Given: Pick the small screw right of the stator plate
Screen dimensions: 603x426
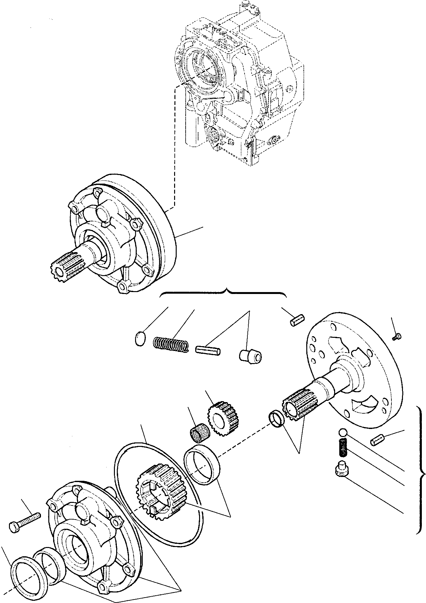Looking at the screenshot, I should (x=397, y=336).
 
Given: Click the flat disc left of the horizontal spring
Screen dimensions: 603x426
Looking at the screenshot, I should (x=140, y=339).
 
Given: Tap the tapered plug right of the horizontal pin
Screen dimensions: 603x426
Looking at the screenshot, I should (x=250, y=355).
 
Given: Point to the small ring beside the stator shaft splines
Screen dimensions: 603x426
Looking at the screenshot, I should (x=276, y=419).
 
